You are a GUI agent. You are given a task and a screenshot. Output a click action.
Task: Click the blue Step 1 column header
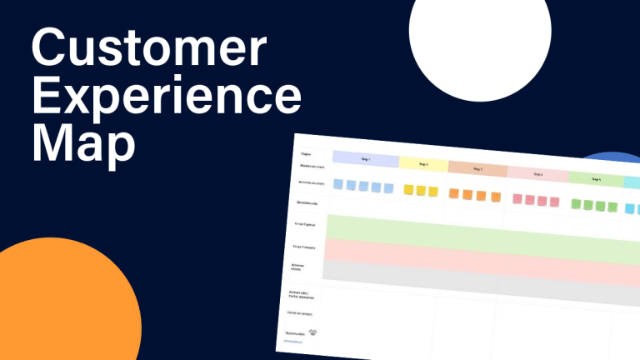click(365, 158)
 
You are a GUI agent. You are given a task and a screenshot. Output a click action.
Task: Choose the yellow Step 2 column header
click(423, 164)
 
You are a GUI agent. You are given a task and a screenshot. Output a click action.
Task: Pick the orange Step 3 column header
click(477, 169)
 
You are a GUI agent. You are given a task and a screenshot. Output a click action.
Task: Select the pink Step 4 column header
click(537, 174)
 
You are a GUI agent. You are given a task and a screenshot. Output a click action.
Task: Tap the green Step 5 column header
click(596, 179)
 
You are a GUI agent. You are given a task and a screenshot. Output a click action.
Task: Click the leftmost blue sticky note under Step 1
click(338, 184)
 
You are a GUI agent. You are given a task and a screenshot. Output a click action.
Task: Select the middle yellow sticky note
click(421, 191)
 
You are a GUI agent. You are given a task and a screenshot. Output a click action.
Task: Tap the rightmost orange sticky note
click(497, 197)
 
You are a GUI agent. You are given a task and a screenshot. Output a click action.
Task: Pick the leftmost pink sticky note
click(517, 199)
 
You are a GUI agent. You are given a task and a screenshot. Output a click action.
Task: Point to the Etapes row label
click(306, 153)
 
